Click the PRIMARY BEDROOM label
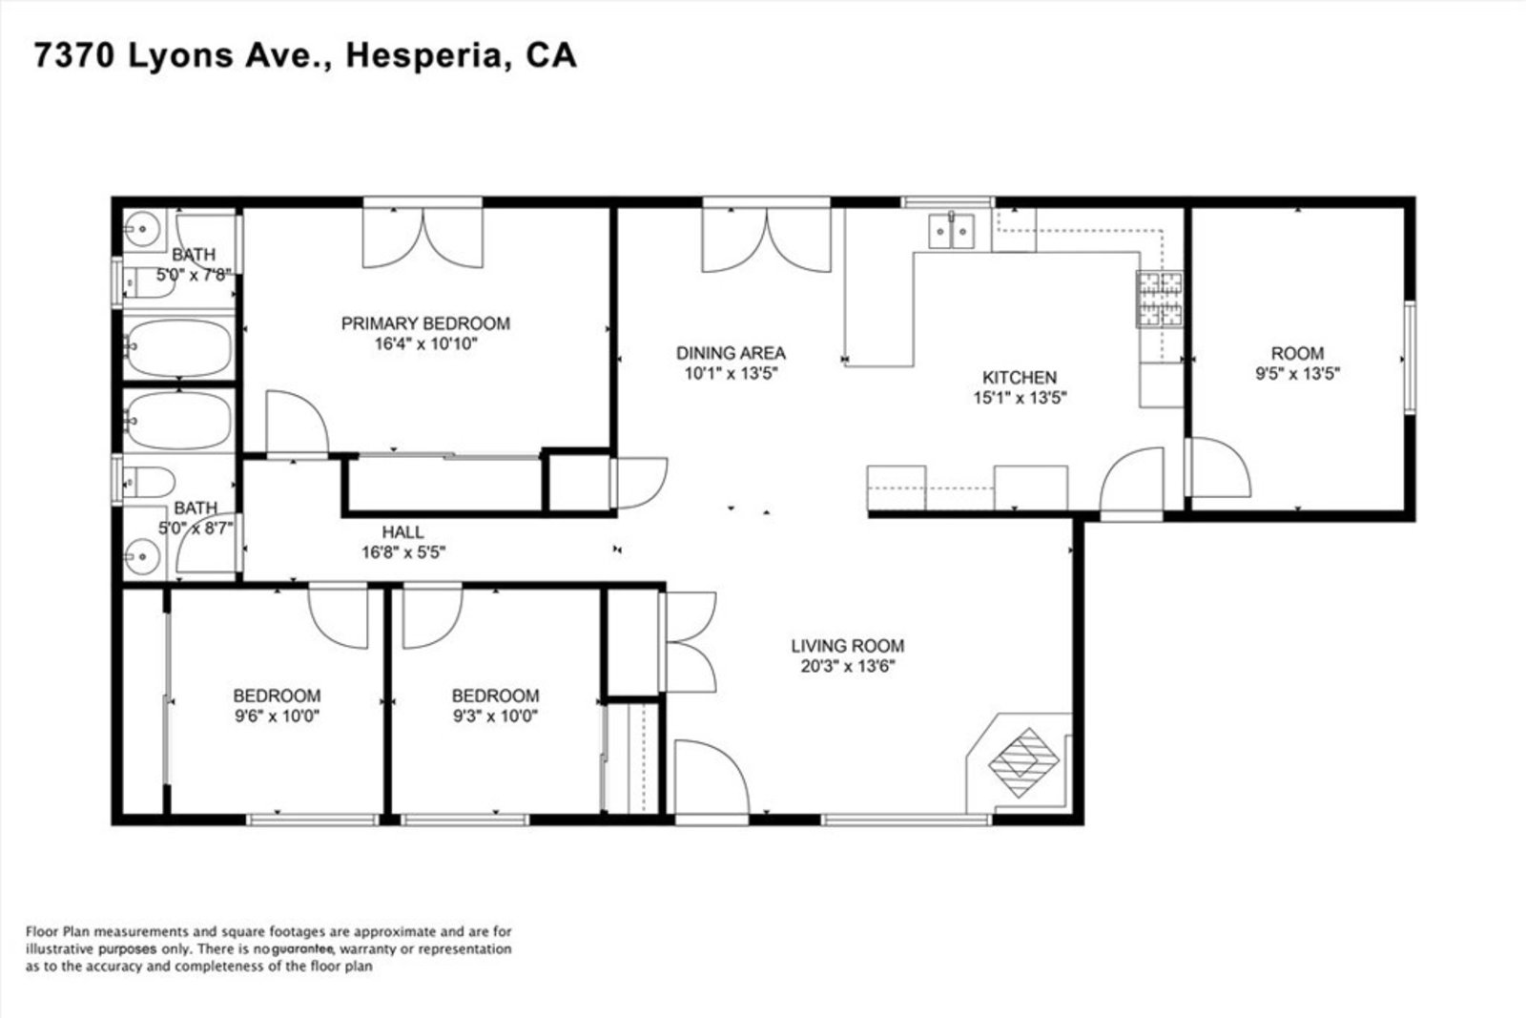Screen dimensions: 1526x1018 [x=425, y=323]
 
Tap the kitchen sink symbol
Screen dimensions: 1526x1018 [x=951, y=231]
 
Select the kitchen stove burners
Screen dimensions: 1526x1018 [x=1160, y=300]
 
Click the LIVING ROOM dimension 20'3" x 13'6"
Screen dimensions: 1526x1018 [x=848, y=666]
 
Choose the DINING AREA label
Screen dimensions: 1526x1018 [x=731, y=353]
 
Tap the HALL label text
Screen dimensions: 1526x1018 [x=402, y=532]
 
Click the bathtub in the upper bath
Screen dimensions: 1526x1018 [x=178, y=347]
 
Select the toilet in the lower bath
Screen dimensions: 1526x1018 [x=149, y=483]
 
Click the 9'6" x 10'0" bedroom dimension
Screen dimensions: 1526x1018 [x=277, y=717]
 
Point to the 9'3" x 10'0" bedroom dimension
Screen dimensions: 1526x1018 [x=495, y=717]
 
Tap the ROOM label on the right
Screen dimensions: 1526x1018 [x=1297, y=354]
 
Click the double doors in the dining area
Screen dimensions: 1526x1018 [x=767, y=239]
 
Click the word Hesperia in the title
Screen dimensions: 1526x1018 [x=423, y=56]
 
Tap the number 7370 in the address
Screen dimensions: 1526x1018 [x=73, y=55]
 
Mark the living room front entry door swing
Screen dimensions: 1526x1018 [x=711, y=777]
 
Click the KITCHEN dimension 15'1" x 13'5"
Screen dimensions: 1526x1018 [x=1020, y=397]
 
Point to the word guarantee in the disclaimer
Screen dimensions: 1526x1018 [x=302, y=948]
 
